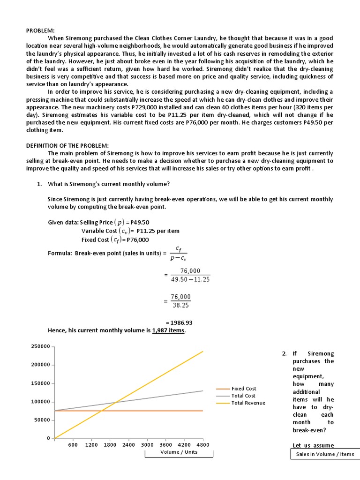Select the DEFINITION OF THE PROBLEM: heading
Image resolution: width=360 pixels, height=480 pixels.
point(67,146)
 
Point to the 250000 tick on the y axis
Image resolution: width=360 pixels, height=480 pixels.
point(40,346)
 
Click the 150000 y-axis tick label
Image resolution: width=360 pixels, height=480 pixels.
point(40,383)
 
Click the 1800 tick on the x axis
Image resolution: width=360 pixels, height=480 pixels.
point(110,445)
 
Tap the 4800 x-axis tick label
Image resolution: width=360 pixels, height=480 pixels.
point(202,445)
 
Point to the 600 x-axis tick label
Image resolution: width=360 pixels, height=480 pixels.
point(73,445)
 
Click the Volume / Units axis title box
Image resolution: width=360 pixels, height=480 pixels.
point(179,452)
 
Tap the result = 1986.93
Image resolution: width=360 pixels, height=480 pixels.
point(180,322)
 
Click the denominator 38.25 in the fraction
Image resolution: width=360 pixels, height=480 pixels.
point(180,305)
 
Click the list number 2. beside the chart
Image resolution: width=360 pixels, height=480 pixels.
point(285,353)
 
